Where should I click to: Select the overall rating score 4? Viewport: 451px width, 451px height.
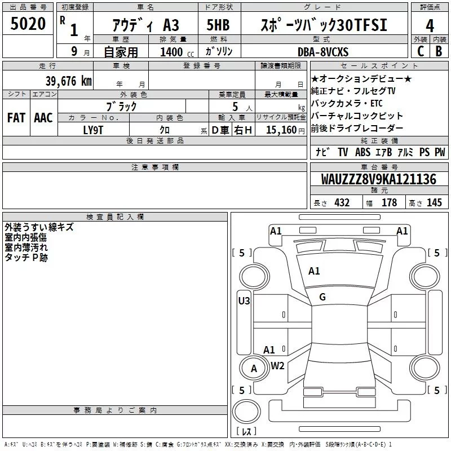pyautogui.click(x=430, y=25)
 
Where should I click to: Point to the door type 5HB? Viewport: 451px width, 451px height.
pyautogui.click(x=219, y=25)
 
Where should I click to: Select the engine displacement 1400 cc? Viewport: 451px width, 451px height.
pyautogui.click(x=172, y=52)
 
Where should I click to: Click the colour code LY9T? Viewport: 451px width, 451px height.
pyautogui.click(x=94, y=130)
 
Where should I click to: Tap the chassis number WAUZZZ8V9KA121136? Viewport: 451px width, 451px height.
pyautogui.click(x=378, y=180)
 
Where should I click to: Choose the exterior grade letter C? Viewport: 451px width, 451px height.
pyautogui.click(x=420, y=52)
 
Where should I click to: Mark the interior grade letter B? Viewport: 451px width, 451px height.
pyautogui.click(x=439, y=52)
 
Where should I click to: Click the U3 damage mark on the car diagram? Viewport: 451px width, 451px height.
pyautogui.click(x=244, y=301)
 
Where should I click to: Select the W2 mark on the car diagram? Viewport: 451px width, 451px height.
pyautogui.click(x=277, y=365)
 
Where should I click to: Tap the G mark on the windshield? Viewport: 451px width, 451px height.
pyautogui.click(x=322, y=297)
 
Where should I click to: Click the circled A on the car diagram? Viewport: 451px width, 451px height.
pyautogui.click(x=253, y=369)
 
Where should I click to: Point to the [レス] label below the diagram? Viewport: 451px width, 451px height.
pyautogui.click(x=246, y=432)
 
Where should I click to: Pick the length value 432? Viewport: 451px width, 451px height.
pyautogui.click(x=342, y=203)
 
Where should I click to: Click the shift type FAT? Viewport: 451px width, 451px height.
pyautogui.click(x=16, y=117)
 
